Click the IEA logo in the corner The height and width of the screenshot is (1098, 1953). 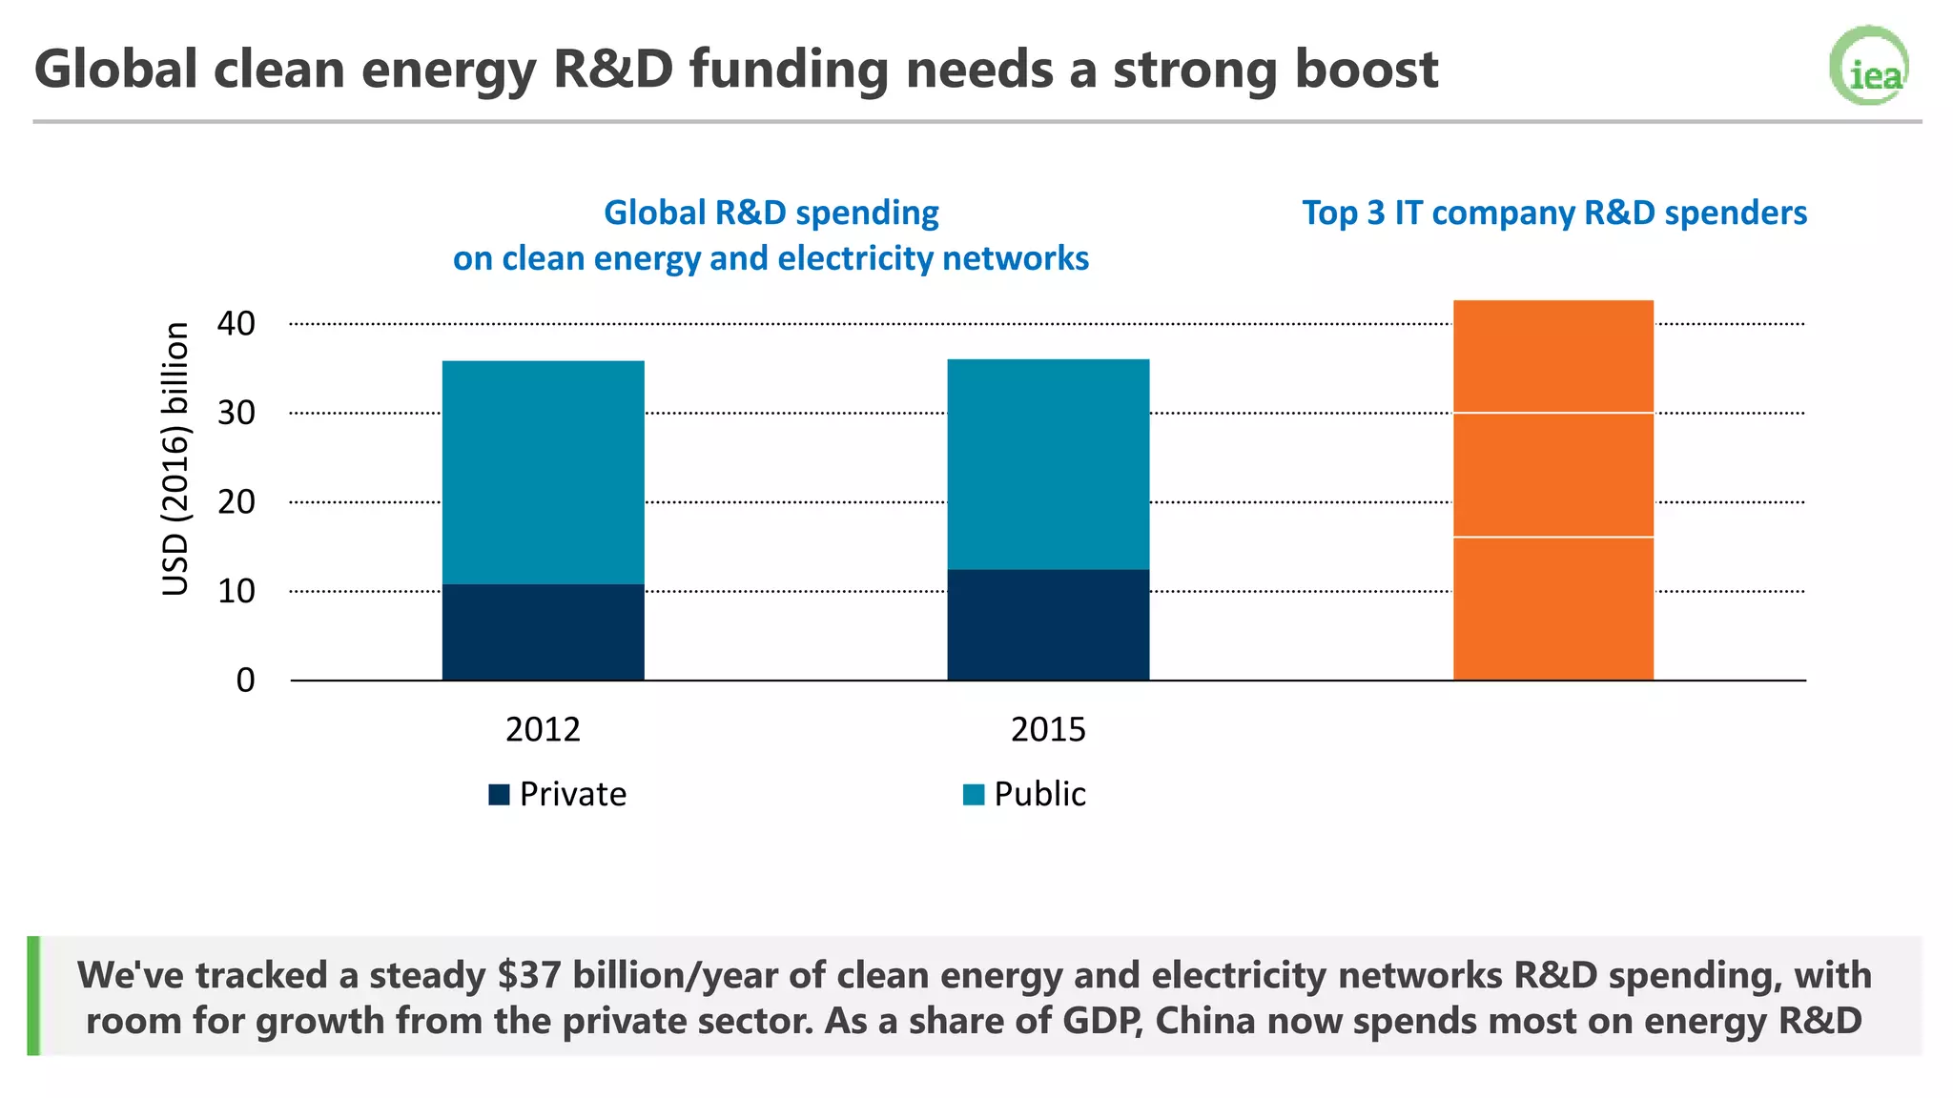pyautogui.click(x=1870, y=66)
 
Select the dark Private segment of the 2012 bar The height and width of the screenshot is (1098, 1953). pyautogui.click(x=543, y=631)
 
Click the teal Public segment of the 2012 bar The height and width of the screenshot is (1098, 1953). pyautogui.click(x=543, y=472)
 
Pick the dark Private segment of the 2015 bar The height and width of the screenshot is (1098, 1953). pyautogui.click(x=1048, y=624)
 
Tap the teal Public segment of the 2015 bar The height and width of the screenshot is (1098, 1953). pyautogui.click(x=1048, y=464)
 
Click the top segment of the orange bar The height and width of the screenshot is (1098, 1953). pyautogui.click(x=1552, y=356)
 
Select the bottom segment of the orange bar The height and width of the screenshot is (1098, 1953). pyautogui.click(x=1552, y=608)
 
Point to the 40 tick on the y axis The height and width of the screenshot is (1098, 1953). pyautogui.click(x=236, y=324)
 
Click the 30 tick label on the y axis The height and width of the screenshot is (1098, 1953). pyautogui.click(x=236, y=413)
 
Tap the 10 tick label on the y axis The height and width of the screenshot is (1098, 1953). pyautogui.click(x=236, y=591)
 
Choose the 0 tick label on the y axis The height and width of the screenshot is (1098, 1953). pyautogui.click(x=245, y=681)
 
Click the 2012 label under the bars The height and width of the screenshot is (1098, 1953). pyautogui.click(x=543, y=729)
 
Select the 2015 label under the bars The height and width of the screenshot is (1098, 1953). pyautogui.click(x=1048, y=729)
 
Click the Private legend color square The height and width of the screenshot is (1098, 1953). pyautogui.click(x=499, y=795)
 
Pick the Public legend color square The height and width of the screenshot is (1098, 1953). pyautogui.click(x=974, y=795)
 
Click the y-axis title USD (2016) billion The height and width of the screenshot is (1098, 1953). pyautogui.click(x=175, y=459)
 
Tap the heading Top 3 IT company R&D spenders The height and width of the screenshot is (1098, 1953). pyautogui.click(x=1554, y=213)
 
